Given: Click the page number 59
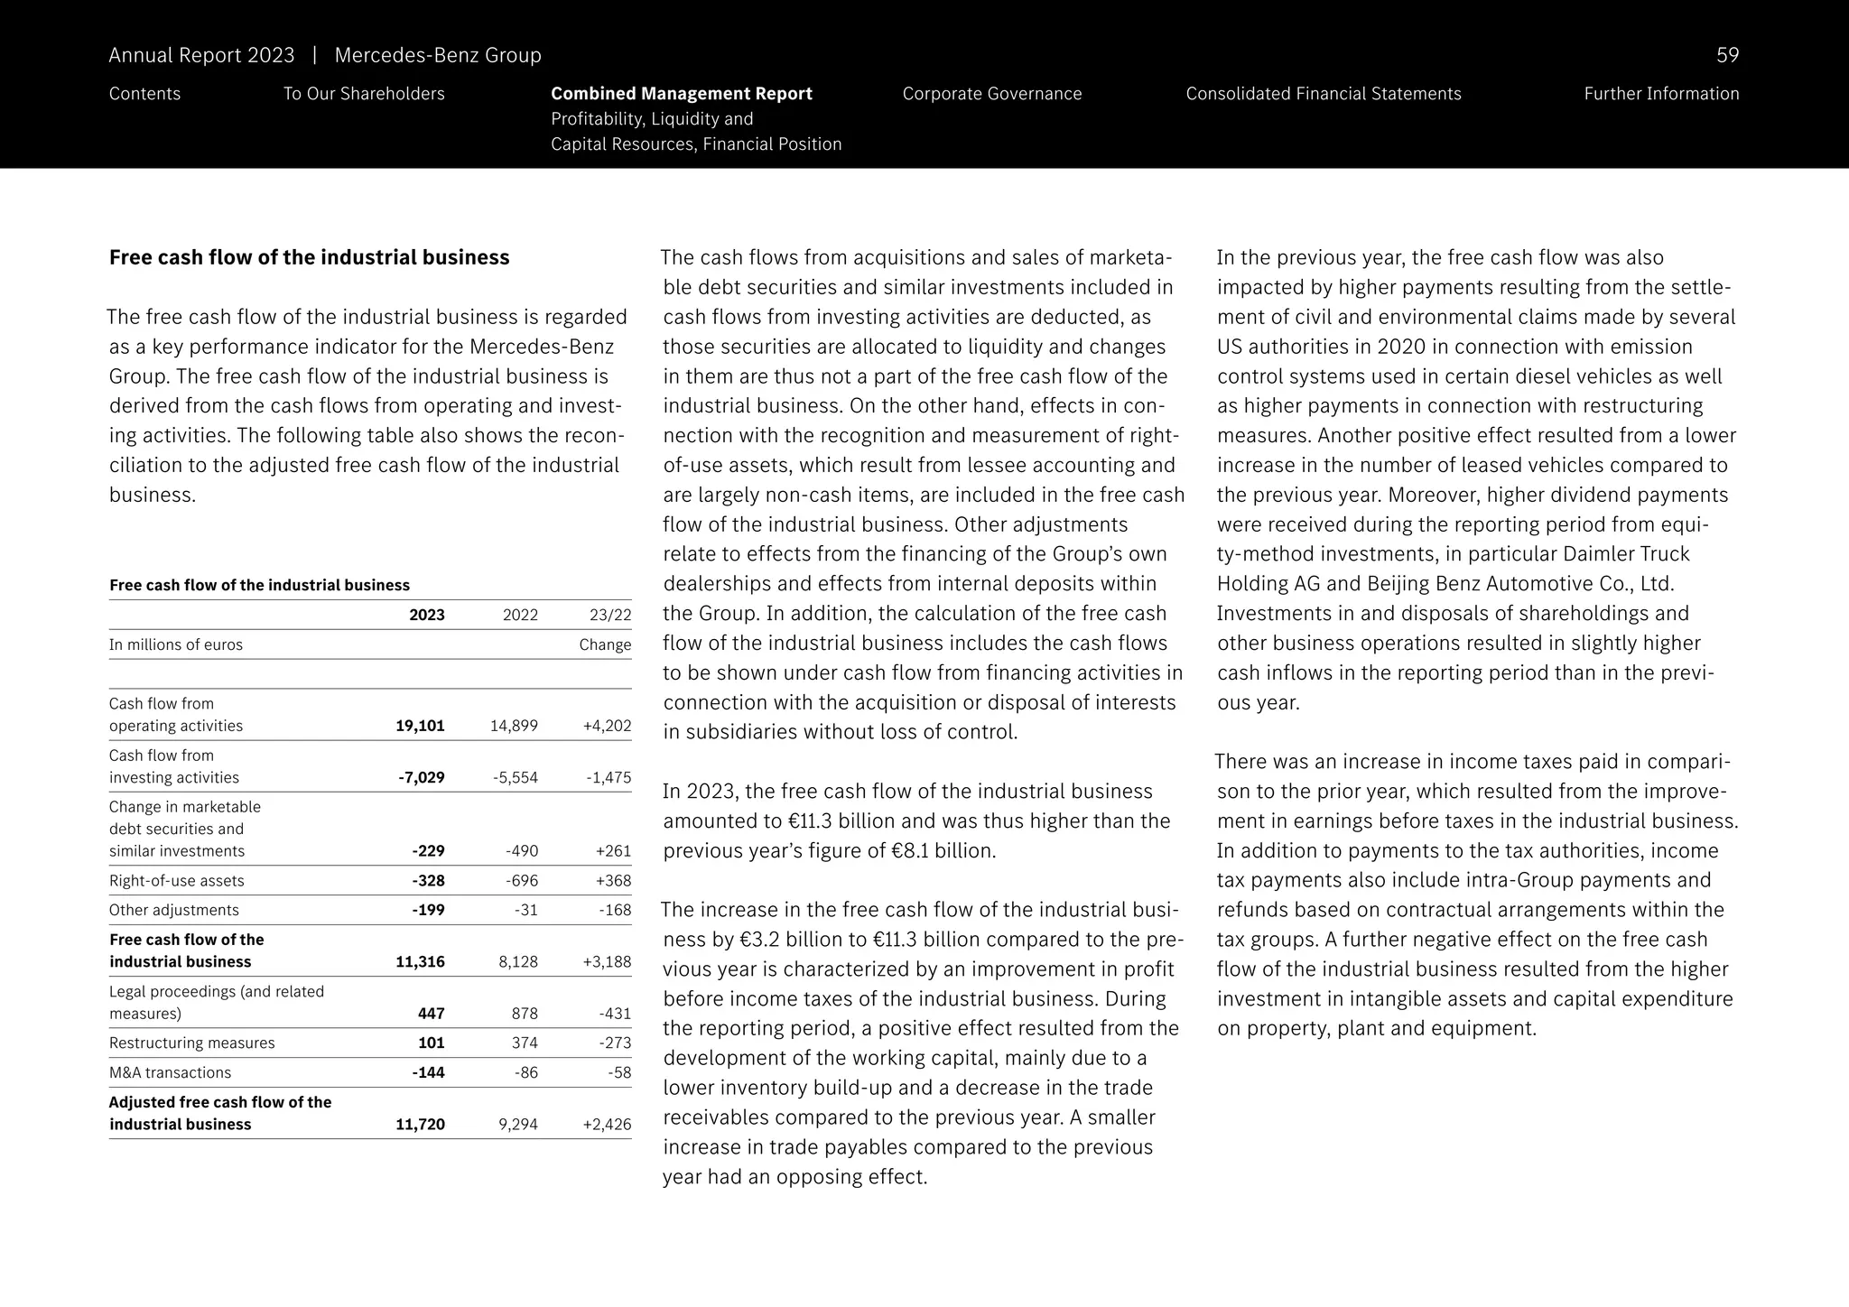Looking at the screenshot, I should [x=1726, y=56].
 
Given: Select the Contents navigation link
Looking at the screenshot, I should [x=144, y=94].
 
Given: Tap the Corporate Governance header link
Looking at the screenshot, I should [x=991, y=94].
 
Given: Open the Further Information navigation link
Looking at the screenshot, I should [x=1660, y=94].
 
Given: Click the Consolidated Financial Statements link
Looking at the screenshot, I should [x=1323, y=94].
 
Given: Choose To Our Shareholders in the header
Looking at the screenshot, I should [x=364, y=94].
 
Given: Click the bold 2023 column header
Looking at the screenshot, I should [x=426, y=615].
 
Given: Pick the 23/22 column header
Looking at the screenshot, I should [x=610, y=615].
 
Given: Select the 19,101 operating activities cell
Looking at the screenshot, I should [x=420, y=726].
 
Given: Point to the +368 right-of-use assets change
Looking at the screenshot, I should [x=613, y=880].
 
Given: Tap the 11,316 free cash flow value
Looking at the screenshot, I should [x=420, y=961].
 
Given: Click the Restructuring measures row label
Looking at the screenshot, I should [x=191, y=1043].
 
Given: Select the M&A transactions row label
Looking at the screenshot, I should [x=170, y=1072].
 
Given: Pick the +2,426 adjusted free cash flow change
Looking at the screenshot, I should [x=607, y=1124].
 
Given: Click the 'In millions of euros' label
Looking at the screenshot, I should [x=176, y=644].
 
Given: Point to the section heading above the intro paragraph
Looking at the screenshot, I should [x=309, y=258].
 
